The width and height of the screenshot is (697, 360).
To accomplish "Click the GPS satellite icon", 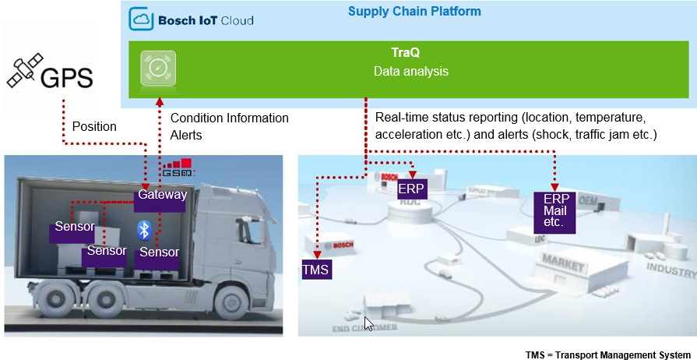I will [23, 71].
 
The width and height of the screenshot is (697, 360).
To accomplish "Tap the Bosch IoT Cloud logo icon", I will [141, 19].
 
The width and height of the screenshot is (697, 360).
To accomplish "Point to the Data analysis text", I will [410, 72].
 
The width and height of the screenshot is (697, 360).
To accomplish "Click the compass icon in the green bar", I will [158, 68].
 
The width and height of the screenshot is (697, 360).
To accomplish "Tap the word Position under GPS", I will [94, 126].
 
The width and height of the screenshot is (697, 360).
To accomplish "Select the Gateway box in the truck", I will [162, 195].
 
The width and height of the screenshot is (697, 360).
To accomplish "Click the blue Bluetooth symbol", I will [143, 229].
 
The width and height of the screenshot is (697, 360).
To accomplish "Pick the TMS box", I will [316, 270].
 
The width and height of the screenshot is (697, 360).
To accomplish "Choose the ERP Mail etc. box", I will [554, 211].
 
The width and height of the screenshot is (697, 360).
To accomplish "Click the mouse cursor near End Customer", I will [368, 323].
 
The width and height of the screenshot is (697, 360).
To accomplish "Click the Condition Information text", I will [230, 118].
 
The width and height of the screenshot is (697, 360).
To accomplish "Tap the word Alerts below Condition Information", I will [186, 135].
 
